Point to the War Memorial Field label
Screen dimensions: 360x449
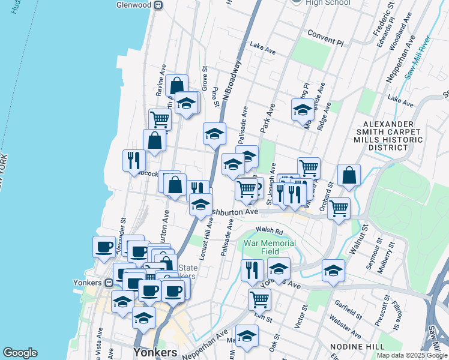pyautogui.click(x=270, y=247)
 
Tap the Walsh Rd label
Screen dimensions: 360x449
pyautogui.click(x=268, y=230)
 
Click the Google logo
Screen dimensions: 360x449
pyautogui.click(x=20, y=353)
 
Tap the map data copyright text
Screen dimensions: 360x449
pyautogui.click(x=412, y=355)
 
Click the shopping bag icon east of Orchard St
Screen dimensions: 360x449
pyautogui.click(x=349, y=175)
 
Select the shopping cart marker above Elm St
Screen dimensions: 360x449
pyautogui.click(x=259, y=298)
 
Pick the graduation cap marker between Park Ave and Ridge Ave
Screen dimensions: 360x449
pyautogui.click(x=303, y=110)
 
